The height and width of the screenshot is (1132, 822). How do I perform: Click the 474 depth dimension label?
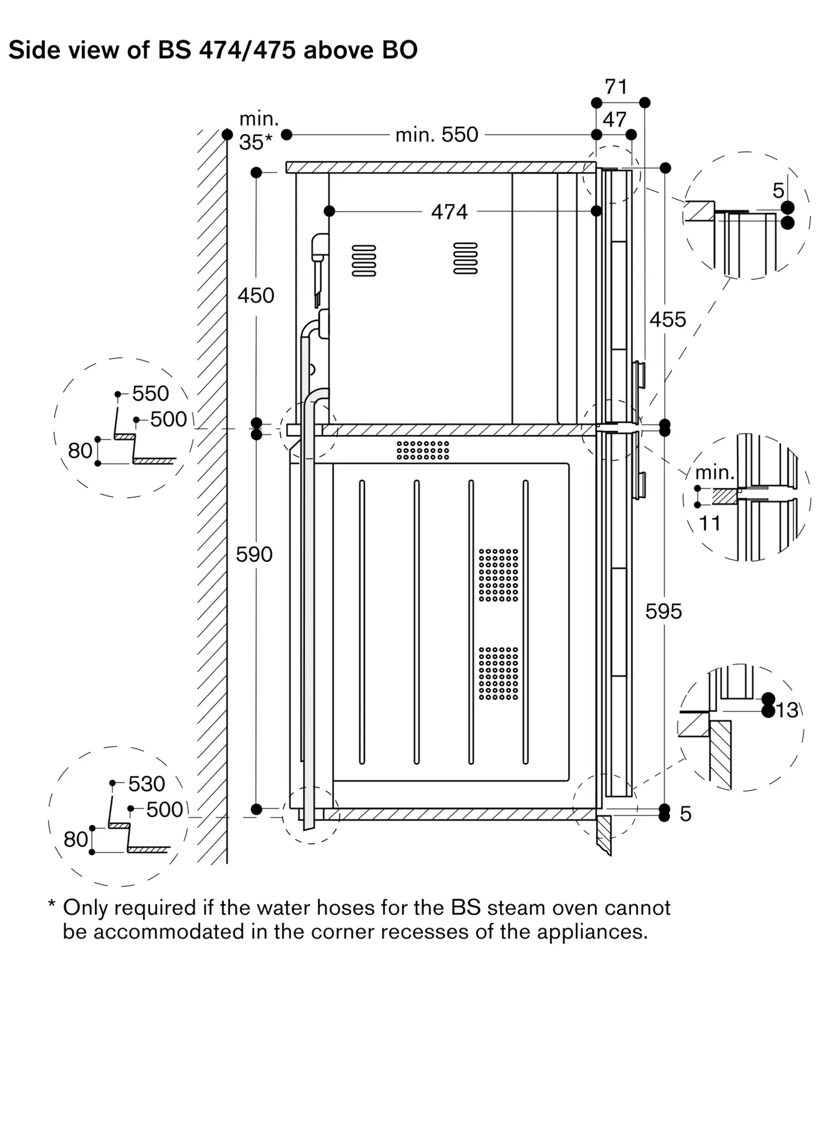click(x=449, y=212)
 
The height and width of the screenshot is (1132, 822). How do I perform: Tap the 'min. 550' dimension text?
click(x=437, y=135)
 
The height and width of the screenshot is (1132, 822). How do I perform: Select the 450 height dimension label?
click(x=256, y=295)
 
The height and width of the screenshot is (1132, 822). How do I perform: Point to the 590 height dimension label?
click(x=254, y=554)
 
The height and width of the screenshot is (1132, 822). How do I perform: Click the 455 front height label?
click(x=668, y=320)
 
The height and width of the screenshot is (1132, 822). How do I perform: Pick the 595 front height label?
click(x=664, y=611)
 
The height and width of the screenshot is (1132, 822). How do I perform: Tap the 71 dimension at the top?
click(x=616, y=87)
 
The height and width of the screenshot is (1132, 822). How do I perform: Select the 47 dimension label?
click(x=614, y=119)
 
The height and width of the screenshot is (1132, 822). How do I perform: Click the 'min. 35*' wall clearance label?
click(x=258, y=131)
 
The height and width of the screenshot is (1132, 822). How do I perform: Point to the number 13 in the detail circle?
click(x=787, y=710)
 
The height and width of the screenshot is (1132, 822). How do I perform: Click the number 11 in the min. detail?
click(x=709, y=524)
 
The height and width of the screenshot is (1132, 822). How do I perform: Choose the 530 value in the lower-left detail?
click(x=147, y=784)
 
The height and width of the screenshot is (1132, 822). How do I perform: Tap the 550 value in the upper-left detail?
click(x=150, y=393)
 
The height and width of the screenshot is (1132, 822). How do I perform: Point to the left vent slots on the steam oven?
click(x=364, y=260)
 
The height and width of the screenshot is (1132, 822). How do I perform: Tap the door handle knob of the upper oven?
click(x=641, y=374)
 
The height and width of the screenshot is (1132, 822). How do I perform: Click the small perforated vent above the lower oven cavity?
click(x=423, y=450)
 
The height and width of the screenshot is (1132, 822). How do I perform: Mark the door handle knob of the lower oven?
click(x=641, y=485)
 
